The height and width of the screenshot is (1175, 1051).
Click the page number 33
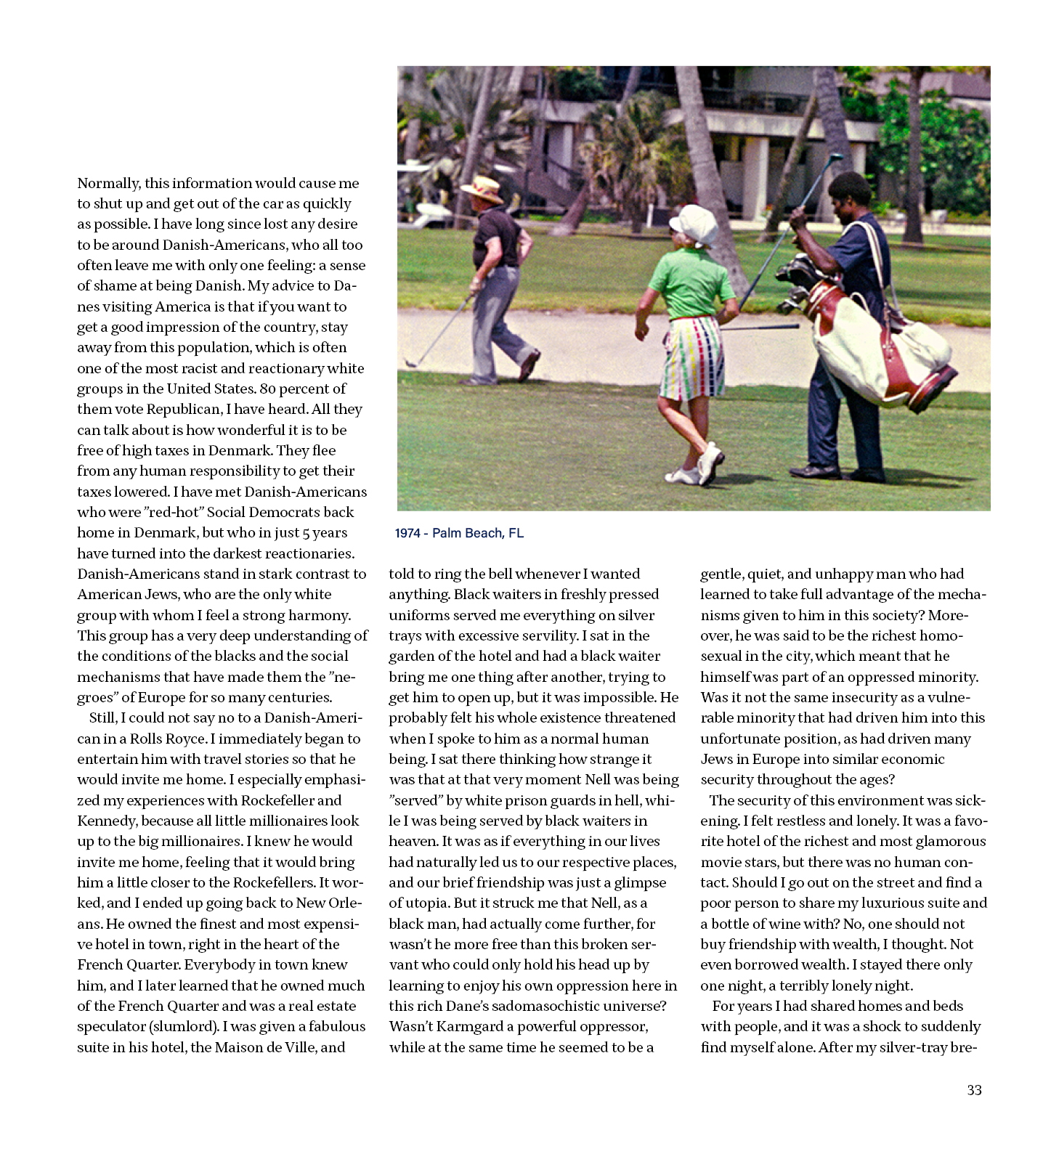pos(974,1090)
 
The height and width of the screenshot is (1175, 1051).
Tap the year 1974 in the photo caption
pos(408,533)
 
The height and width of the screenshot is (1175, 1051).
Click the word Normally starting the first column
pos(109,183)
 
